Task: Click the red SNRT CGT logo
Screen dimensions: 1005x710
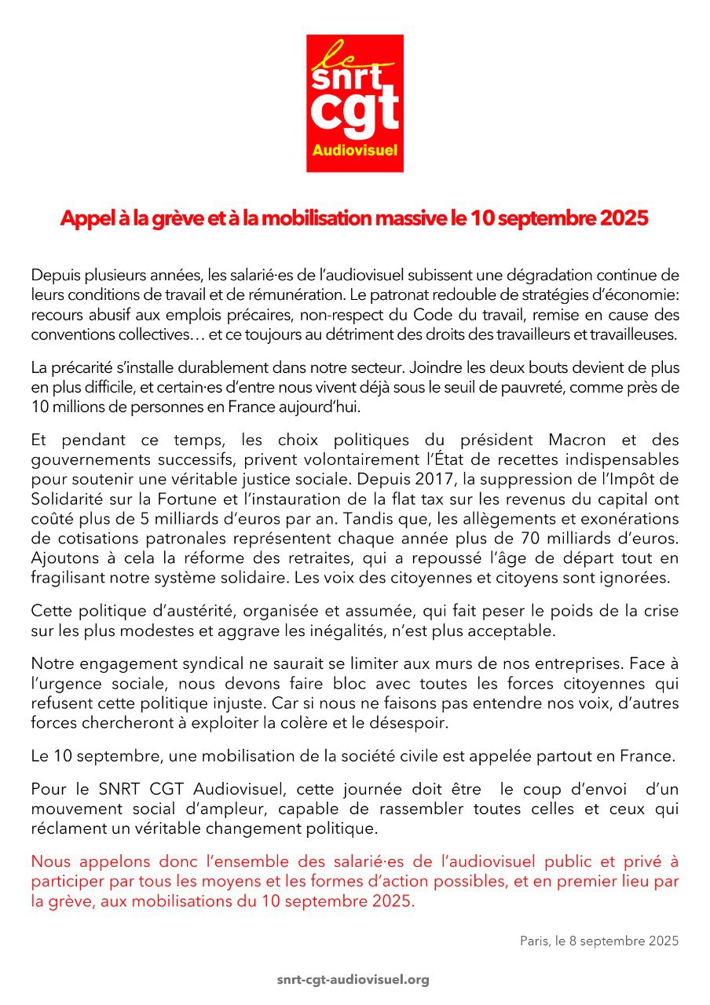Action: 354,103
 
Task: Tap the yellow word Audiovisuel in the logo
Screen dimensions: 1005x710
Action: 354,149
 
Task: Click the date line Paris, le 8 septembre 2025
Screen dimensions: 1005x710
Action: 599,940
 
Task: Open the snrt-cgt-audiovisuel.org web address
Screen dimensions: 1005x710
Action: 354,980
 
